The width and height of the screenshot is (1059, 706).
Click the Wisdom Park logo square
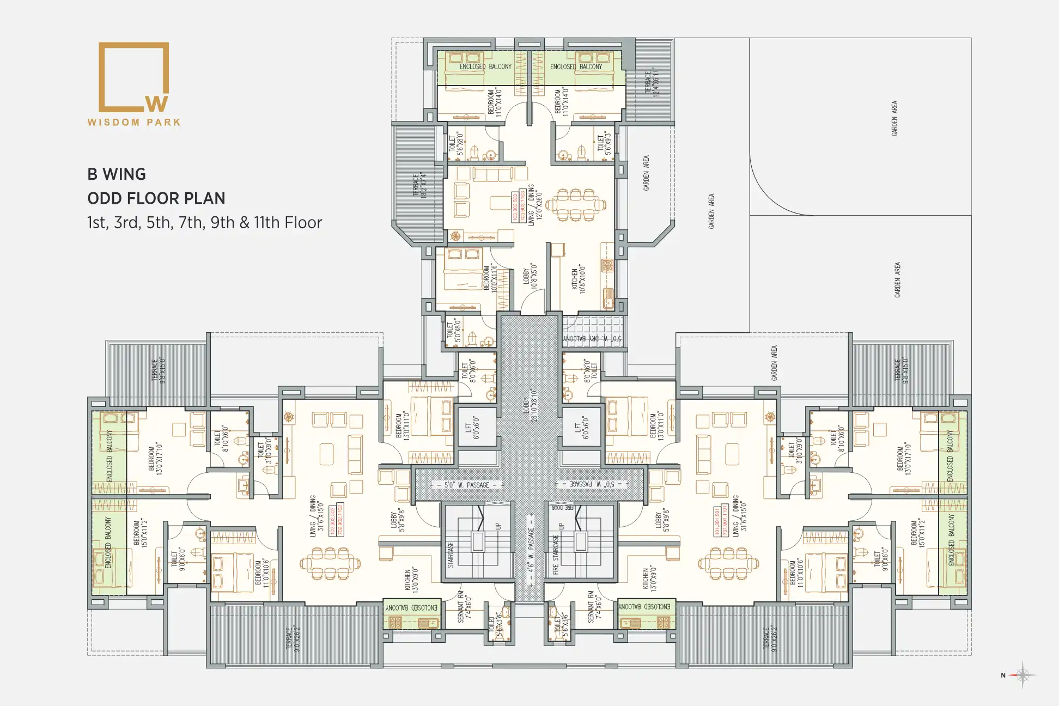coord(133,77)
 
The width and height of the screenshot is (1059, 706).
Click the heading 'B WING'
coord(117,174)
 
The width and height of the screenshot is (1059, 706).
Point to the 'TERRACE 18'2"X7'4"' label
coord(418,185)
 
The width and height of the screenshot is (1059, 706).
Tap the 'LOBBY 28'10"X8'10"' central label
coord(530,405)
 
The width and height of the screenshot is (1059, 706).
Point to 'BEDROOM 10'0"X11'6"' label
coord(490,277)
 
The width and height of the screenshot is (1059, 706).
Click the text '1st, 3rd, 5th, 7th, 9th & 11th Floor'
coord(204,223)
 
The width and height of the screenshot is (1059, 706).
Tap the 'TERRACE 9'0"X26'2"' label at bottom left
coord(293,639)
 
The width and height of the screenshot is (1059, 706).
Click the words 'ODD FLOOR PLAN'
coord(156,198)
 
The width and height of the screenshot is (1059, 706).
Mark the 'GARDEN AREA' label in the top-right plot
coord(894,118)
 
